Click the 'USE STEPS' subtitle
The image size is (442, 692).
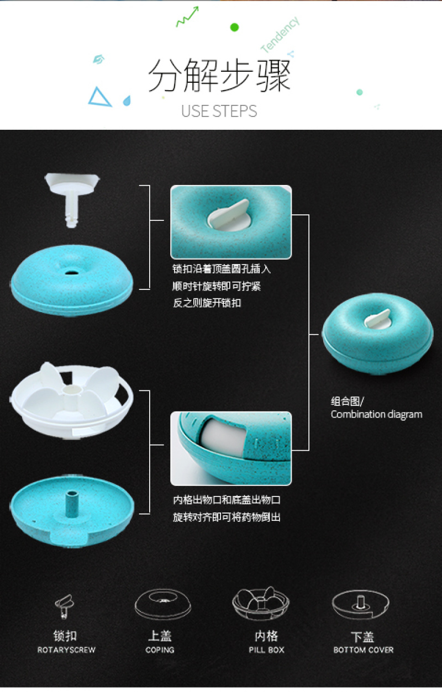click(x=219, y=111)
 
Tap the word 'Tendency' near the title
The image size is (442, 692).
click(x=280, y=34)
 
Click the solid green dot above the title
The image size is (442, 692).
click(x=235, y=27)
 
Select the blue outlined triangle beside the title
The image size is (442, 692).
click(x=99, y=97)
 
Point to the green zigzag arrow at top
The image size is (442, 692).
click(x=187, y=17)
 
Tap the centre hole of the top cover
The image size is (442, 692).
click(x=72, y=273)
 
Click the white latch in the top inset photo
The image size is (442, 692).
click(x=229, y=214)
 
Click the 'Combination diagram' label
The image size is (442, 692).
click(x=376, y=414)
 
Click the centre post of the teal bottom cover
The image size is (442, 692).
click(x=72, y=504)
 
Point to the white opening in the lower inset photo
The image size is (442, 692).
click(x=223, y=436)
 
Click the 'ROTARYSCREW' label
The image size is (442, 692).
click(x=66, y=650)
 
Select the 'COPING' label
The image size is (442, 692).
click(x=160, y=650)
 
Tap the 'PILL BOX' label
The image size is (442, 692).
click(x=266, y=650)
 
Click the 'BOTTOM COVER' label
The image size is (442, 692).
click(x=364, y=650)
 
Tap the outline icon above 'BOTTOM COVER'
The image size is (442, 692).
click(x=360, y=605)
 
